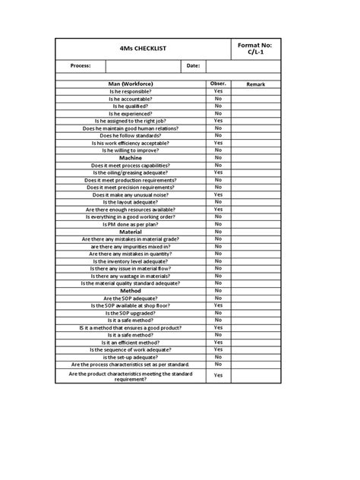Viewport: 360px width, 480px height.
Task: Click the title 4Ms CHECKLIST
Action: tap(143, 49)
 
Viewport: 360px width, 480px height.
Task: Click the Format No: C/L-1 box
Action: tap(255, 49)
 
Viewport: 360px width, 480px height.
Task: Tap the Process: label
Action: tap(81, 66)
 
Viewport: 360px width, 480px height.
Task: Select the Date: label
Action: tap(192, 66)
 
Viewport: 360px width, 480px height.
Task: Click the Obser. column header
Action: tap(218, 84)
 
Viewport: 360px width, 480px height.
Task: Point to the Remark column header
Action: tap(255, 84)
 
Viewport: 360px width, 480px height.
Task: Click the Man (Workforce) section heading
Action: tap(131, 84)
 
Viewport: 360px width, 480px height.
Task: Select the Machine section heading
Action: tap(131, 158)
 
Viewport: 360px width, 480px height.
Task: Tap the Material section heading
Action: tap(131, 232)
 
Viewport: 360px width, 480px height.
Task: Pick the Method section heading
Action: tap(131, 291)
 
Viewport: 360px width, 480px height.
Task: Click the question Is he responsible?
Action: tap(131, 91)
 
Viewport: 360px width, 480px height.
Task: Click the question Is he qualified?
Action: tap(131, 106)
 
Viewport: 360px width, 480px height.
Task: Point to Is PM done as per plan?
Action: tap(131, 224)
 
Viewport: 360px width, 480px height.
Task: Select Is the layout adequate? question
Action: tap(131, 202)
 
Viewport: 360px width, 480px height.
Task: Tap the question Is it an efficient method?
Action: tap(131, 342)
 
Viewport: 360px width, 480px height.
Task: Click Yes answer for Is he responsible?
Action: tap(218, 91)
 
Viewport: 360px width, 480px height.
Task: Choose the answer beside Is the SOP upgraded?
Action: tap(218, 313)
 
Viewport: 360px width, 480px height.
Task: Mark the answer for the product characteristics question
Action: tap(218, 375)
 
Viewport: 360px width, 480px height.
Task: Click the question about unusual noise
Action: tap(131, 194)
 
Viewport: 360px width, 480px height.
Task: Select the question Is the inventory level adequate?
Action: tap(131, 261)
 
